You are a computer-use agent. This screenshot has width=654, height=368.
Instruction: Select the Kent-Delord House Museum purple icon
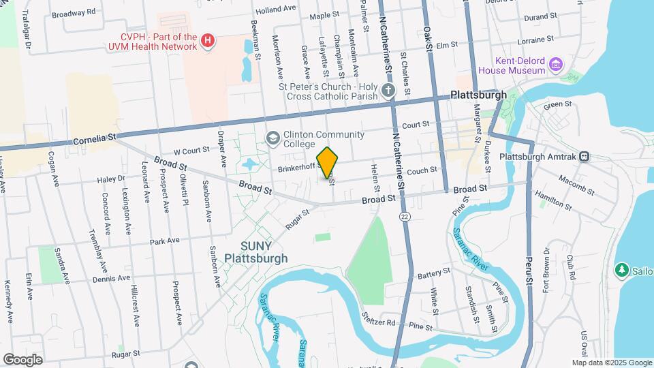point(557,65)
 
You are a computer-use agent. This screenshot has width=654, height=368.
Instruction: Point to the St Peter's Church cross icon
point(388,91)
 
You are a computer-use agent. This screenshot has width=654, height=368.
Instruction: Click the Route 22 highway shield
point(405,216)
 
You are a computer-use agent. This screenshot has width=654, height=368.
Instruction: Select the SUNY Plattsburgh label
point(256,252)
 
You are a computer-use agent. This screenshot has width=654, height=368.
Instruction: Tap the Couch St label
point(422,170)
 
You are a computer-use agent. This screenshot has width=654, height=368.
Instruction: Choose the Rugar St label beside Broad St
point(297,219)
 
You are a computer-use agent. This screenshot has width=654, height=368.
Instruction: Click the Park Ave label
point(164,241)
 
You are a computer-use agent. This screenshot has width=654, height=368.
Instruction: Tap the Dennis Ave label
point(111,278)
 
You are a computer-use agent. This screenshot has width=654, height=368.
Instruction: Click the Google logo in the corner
point(22,359)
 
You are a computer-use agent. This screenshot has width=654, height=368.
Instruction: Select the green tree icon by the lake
point(621,270)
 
